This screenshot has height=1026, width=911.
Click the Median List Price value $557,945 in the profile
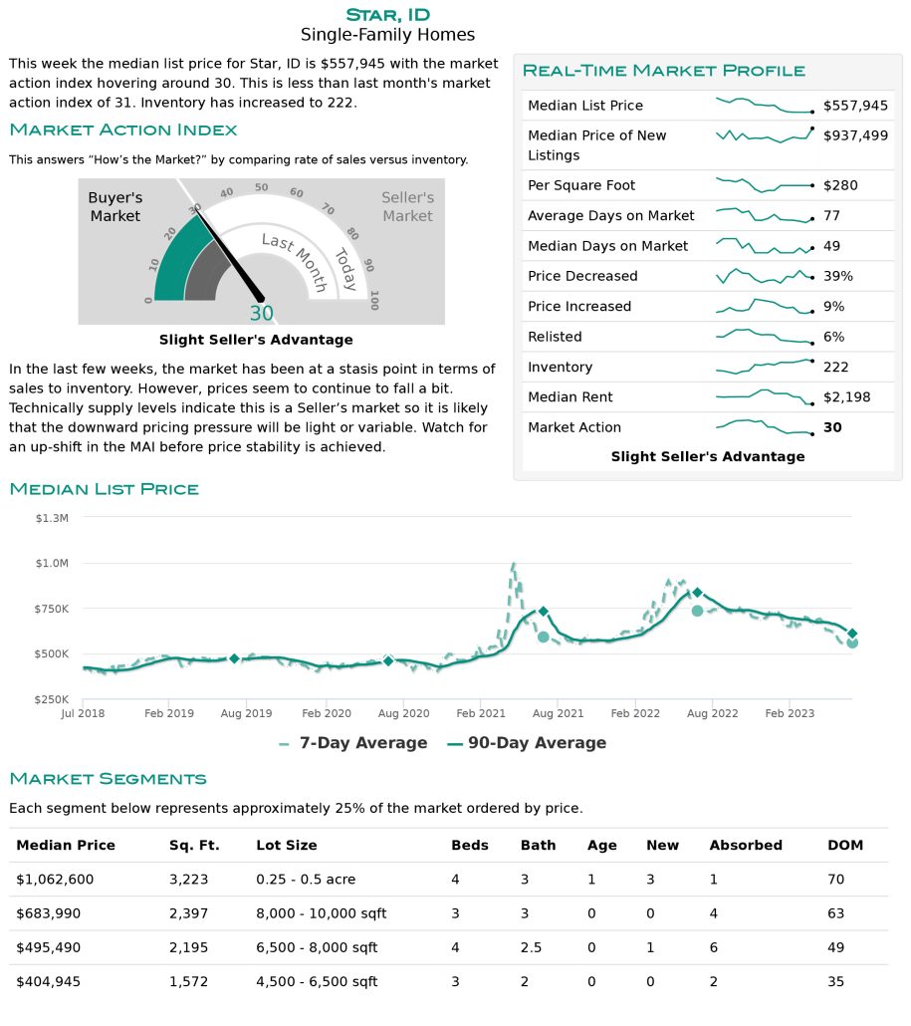855,106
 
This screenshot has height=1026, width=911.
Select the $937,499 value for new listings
855,136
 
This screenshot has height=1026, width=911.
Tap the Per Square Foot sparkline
765,185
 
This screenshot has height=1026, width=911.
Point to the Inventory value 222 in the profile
835,368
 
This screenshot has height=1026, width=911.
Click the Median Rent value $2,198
847,397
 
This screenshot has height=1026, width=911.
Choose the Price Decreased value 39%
837,276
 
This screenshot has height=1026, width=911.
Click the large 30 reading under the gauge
262,314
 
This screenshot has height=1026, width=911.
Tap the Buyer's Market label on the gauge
115,207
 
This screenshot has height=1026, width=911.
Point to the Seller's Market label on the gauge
407,207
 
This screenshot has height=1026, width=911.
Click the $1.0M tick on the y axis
52,564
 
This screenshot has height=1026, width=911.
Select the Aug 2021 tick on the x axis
558,713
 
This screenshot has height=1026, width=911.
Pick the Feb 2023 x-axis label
790,713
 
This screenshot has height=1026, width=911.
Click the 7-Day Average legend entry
353,743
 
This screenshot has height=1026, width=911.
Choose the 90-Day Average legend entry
527,743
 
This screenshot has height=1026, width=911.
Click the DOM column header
845,846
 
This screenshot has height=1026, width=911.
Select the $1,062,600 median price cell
55,880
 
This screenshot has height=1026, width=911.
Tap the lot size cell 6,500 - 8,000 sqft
317,947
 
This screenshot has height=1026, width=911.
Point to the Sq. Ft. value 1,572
188,981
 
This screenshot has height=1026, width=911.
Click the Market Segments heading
108,779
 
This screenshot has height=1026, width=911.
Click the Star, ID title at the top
388,15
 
